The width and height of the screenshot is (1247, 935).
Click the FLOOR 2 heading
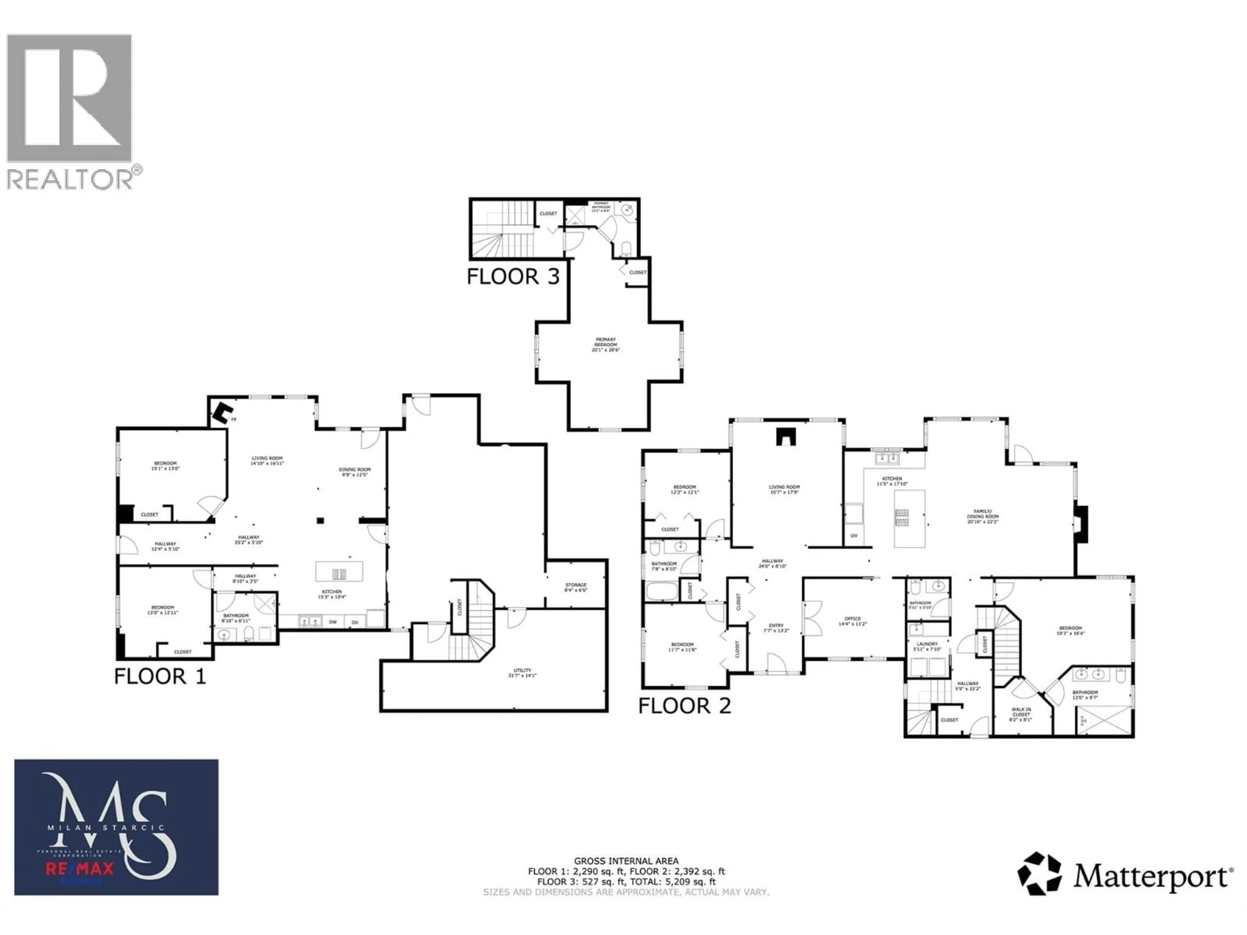[684, 705]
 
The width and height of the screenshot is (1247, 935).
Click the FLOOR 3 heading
[513, 277]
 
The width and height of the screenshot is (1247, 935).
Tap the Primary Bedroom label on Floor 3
[605, 345]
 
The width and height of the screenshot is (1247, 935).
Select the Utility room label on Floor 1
[522, 672]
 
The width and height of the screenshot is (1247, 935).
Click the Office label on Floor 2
[852, 621]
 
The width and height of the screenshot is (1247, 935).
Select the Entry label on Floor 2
[776, 628]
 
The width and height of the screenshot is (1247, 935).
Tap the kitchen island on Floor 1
[339, 571]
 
